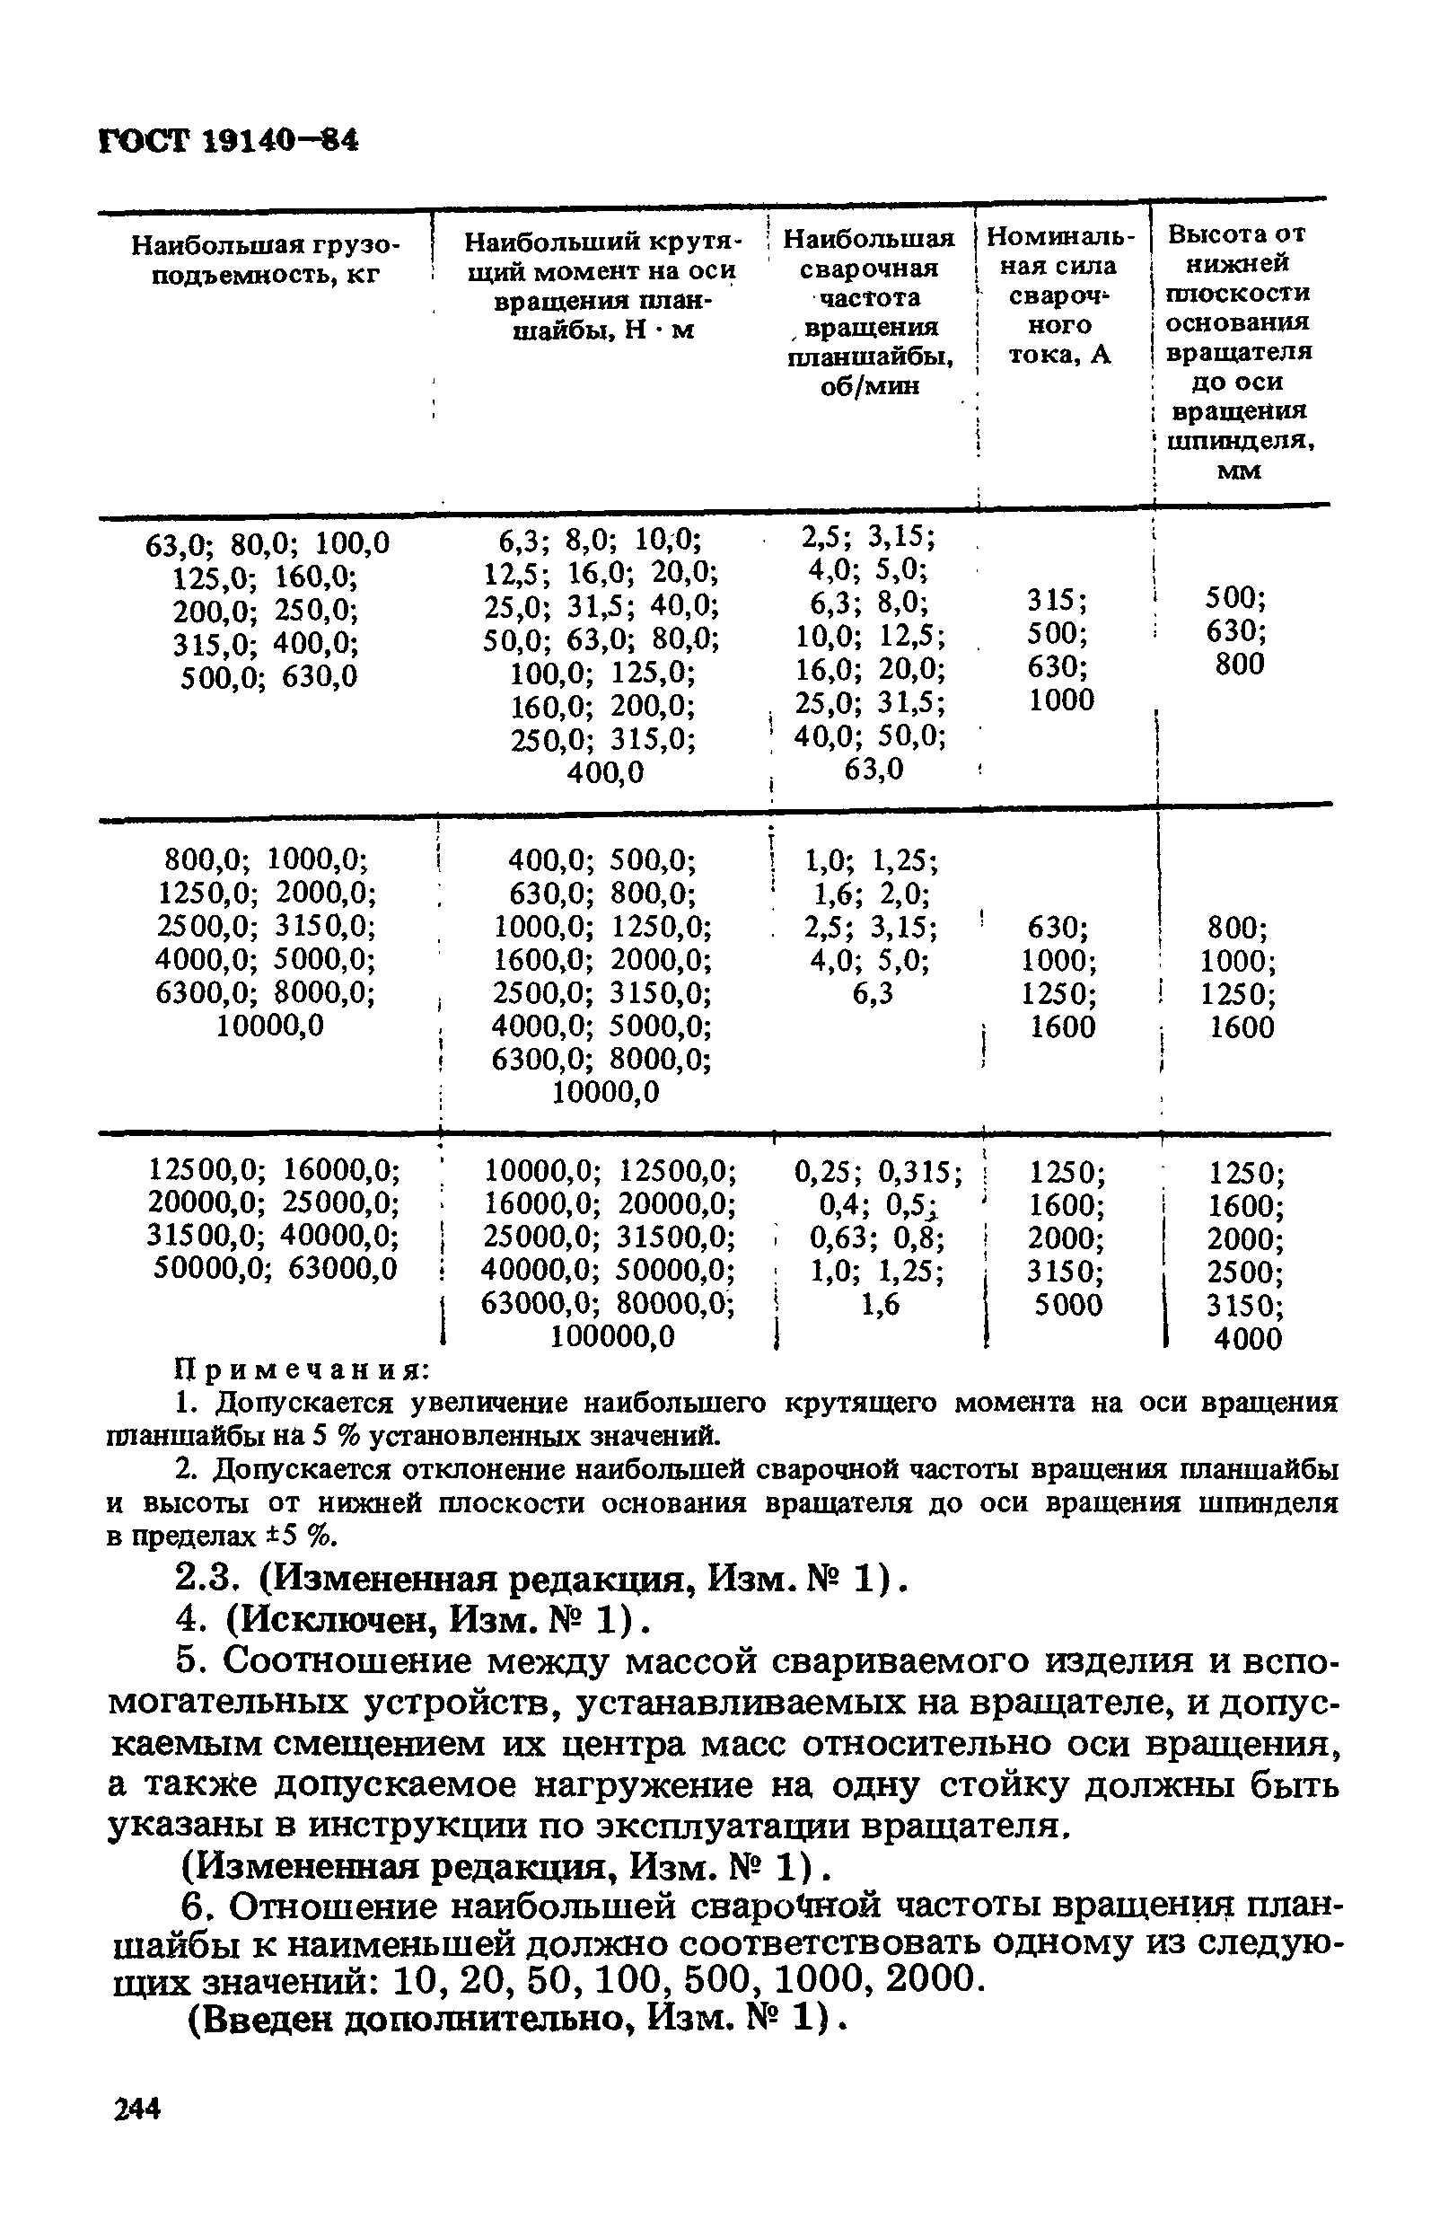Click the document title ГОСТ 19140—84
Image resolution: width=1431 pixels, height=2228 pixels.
[228, 140]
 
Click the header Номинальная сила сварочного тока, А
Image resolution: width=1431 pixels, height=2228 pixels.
[1060, 295]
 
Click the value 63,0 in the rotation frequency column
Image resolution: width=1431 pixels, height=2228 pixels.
[873, 770]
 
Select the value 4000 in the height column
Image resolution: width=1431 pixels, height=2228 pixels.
[1247, 1338]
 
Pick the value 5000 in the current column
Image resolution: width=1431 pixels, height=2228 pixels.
[1067, 1305]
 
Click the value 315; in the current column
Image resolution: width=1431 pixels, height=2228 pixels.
[1058, 601]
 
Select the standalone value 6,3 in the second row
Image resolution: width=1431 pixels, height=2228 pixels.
[873, 993]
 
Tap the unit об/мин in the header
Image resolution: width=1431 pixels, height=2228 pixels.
[870, 386]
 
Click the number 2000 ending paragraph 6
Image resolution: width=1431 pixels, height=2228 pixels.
[930, 1979]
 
